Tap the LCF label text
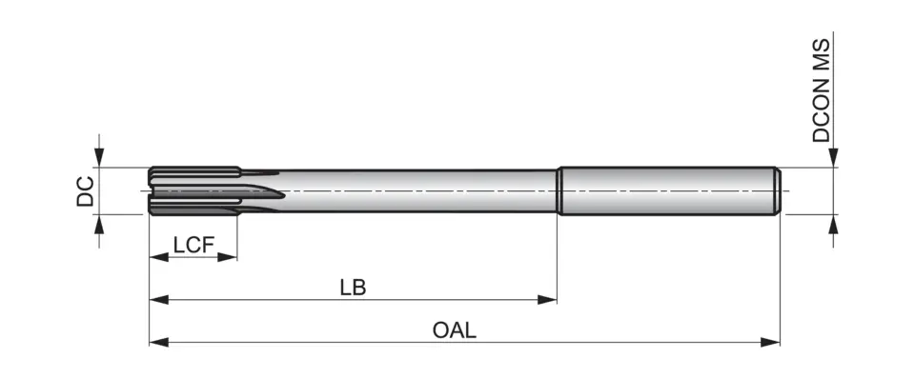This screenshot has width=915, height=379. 193,245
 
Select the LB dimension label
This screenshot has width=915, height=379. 353,287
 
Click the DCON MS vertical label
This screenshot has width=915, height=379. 822,90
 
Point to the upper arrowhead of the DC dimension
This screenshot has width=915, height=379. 100,159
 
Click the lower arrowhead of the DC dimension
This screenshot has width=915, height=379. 100,223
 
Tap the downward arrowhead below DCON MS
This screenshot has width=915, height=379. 834,159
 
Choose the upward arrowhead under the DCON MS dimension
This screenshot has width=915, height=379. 834,223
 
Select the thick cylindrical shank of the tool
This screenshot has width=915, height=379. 667,190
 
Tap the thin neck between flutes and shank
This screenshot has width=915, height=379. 419,190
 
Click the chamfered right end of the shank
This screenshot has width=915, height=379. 778,190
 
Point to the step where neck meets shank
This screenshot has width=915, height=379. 558,190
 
